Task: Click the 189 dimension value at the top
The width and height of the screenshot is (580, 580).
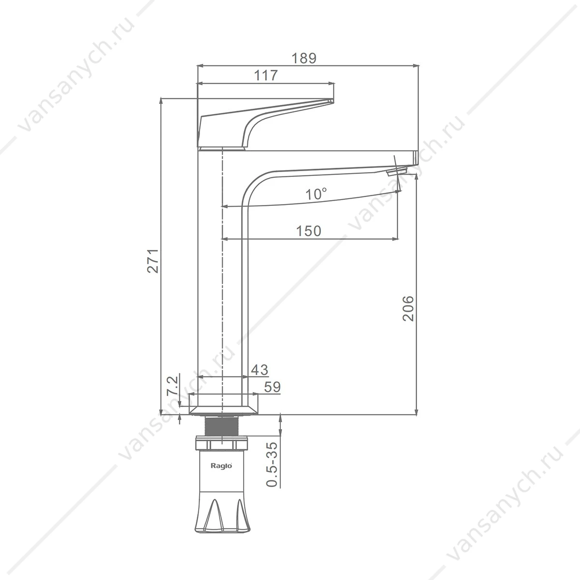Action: tap(304, 58)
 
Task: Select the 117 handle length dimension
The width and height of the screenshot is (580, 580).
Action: tap(266, 75)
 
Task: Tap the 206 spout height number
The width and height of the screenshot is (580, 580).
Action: tap(408, 308)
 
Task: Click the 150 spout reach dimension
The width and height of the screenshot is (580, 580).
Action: tap(308, 231)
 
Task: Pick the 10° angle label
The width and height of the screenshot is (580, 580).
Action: tap(316, 194)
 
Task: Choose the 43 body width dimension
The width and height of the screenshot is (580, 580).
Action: tap(260, 370)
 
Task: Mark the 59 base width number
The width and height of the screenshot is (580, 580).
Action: tap(273, 387)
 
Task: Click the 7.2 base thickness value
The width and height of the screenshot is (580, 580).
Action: tap(172, 385)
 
